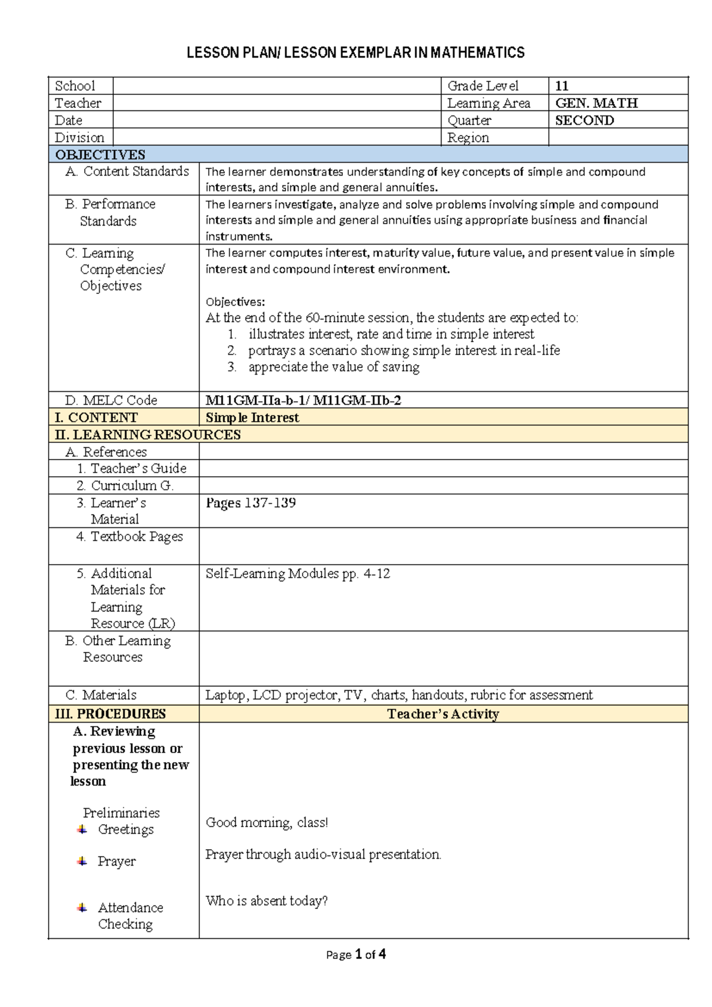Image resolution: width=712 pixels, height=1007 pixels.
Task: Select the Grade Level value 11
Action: coord(561,86)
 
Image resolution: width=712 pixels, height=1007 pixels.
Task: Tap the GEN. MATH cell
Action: coord(596,103)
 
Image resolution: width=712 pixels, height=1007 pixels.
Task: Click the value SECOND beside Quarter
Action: coord(584,121)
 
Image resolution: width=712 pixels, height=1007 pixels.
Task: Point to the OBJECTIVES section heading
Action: coord(100,155)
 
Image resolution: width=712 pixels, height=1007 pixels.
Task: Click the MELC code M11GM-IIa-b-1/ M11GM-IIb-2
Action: coord(303,400)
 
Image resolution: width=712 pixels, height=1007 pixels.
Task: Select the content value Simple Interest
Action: coord(252,417)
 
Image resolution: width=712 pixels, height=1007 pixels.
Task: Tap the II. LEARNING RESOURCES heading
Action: coord(148,435)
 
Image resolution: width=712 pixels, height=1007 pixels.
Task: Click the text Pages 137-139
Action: coord(250,503)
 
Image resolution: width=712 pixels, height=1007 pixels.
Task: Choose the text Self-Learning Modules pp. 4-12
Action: coord(297,574)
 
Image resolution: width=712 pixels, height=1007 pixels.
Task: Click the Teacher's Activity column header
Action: coord(443,714)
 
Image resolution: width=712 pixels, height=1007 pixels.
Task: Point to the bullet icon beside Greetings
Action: coord(82,829)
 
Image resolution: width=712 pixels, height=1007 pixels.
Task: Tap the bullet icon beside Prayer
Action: coord(82,861)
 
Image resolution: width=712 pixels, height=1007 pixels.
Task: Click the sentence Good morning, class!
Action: coord(266,823)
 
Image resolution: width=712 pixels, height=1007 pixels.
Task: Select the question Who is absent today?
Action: coord(266,901)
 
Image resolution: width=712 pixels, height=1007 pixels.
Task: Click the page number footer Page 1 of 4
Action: coord(356,955)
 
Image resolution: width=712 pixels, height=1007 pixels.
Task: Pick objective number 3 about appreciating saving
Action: coord(333,367)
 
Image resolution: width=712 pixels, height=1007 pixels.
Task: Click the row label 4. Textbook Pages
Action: coord(129,537)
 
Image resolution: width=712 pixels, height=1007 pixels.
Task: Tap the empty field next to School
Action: coord(277,86)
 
